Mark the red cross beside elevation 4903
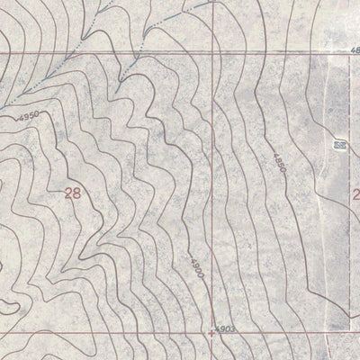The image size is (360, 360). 211,332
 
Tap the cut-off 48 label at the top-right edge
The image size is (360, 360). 355,49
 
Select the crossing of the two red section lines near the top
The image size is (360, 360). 213,54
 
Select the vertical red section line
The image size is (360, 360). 213,180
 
